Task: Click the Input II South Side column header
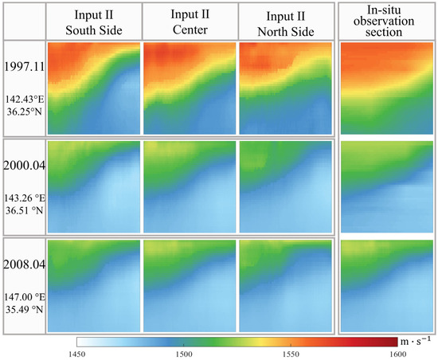click(x=93, y=21)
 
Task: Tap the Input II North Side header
click(x=284, y=21)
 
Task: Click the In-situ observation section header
click(x=387, y=21)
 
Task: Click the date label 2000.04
click(x=23, y=166)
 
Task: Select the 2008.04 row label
click(x=23, y=265)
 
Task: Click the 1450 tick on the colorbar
click(x=77, y=353)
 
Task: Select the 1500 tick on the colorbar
click(x=184, y=353)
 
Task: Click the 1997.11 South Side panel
click(x=93, y=88)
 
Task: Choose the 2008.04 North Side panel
click(x=284, y=284)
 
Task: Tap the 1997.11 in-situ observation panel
click(x=387, y=88)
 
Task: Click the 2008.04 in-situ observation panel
click(x=387, y=284)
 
